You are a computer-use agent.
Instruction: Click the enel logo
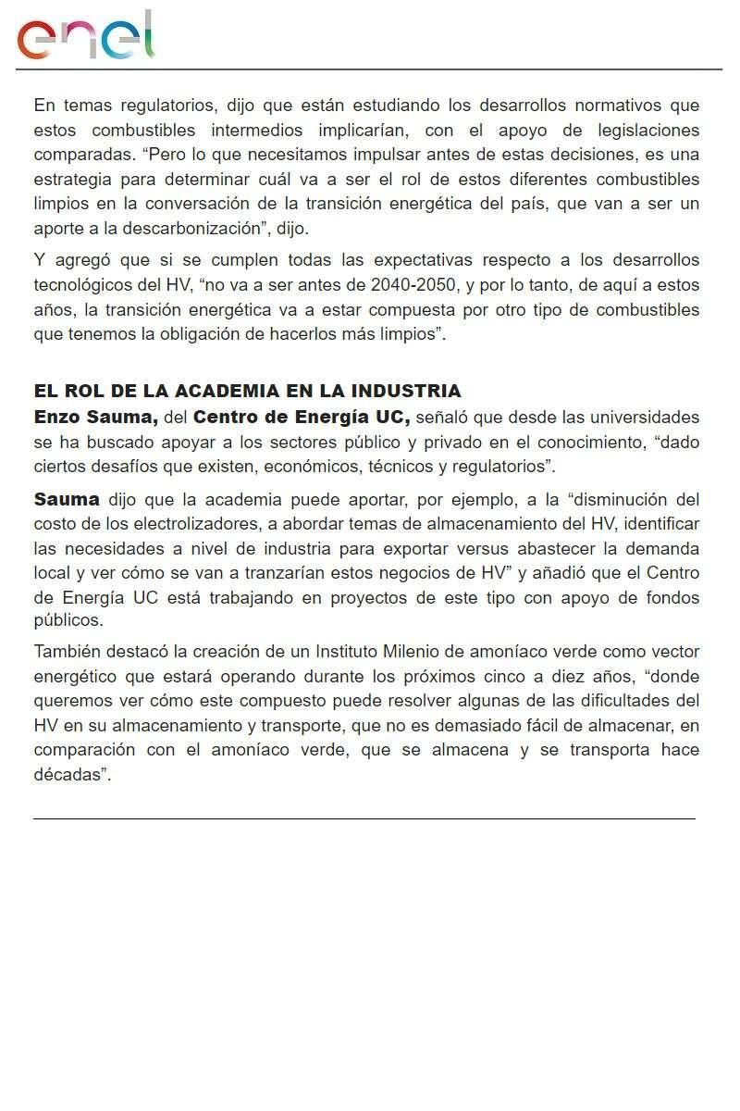point(86,37)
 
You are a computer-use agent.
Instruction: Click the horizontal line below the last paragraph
point(364,818)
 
